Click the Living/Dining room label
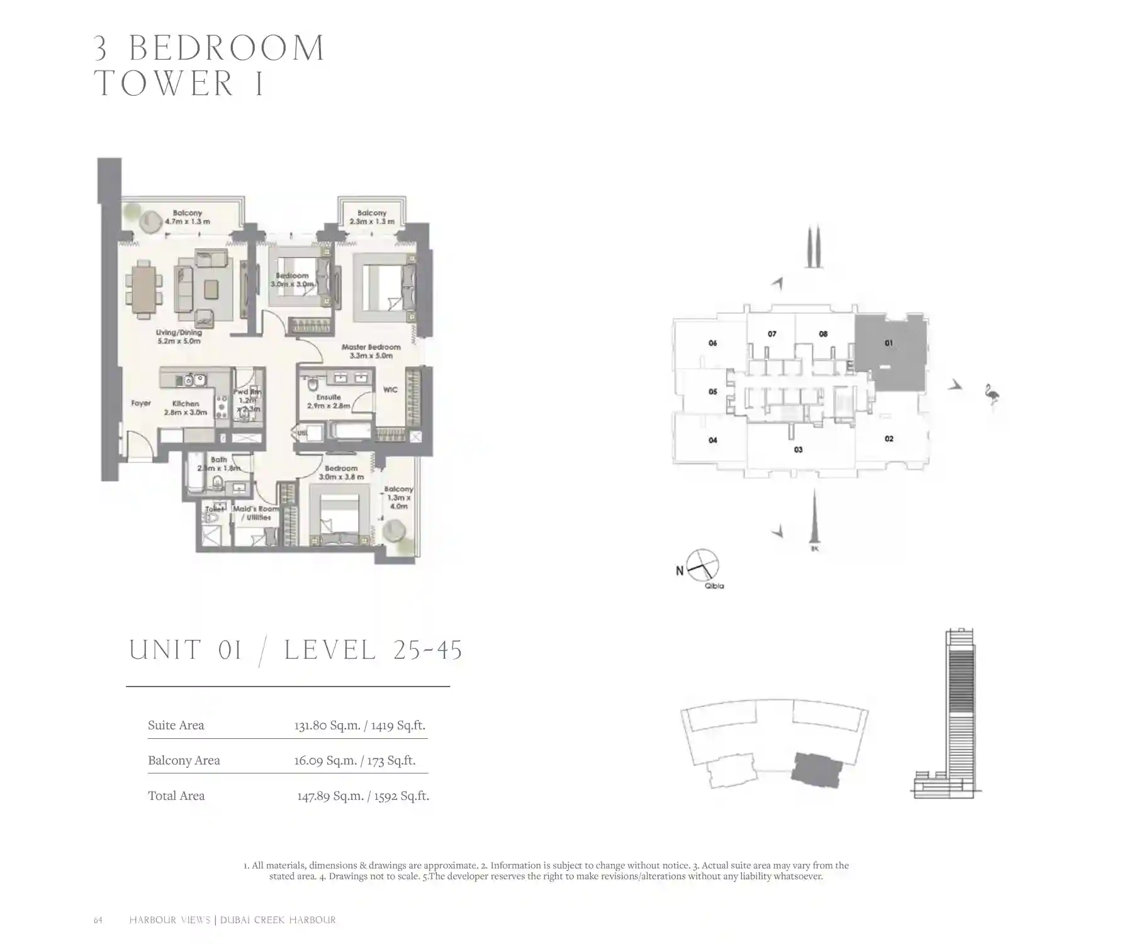click(x=179, y=337)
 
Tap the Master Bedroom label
click(x=371, y=351)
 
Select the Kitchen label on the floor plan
click(x=185, y=408)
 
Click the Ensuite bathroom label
click(x=328, y=401)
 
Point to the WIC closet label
click(x=390, y=390)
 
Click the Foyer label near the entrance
click(x=141, y=403)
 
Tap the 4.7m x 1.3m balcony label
click(x=187, y=217)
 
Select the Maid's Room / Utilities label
click(x=256, y=513)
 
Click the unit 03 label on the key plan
click(x=798, y=449)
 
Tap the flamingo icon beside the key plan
click(x=993, y=395)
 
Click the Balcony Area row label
click(x=184, y=760)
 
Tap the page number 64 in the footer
click(x=98, y=920)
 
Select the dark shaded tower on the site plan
click(x=816, y=770)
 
